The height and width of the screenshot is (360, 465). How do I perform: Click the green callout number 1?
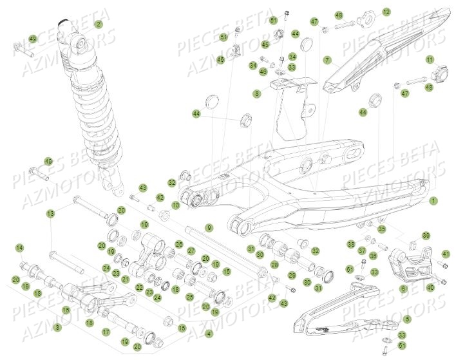click(x=433, y=201)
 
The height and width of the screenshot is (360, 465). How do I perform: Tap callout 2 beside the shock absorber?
click(x=99, y=24)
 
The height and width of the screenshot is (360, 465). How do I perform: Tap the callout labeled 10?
click(x=176, y=205)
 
